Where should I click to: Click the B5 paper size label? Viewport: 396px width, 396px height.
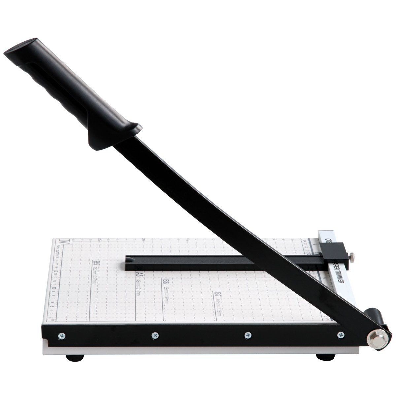pos(96,263)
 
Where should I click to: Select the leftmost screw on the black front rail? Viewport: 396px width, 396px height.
pos(61,336)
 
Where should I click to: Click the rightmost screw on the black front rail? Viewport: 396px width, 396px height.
pos(340,335)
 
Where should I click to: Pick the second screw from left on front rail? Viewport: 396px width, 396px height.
pos(154,335)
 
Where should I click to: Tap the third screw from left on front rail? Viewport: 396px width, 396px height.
pos(247,335)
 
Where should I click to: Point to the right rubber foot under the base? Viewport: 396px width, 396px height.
pos(325,357)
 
